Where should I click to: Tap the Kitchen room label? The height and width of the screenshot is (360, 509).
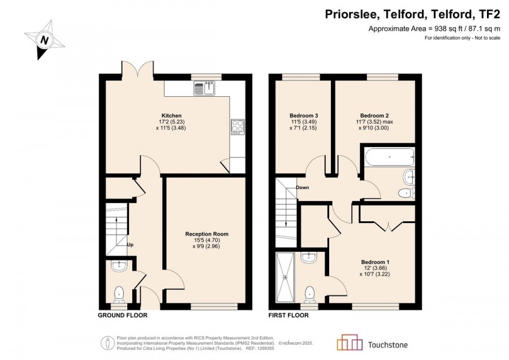click(x=171, y=115)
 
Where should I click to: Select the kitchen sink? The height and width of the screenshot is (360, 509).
click(x=204, y=88)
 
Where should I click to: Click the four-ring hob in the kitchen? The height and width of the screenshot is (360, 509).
click(x=238, y=127)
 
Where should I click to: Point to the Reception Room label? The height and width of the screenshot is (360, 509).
click(x=207, y=234)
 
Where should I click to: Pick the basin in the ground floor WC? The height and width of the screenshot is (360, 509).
click(x=119, y=265)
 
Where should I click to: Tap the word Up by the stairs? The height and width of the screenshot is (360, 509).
click(x=130, y=245)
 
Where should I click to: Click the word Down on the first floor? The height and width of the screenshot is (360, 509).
click(x=302, y=187)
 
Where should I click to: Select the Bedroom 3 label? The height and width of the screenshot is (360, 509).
click(x=304, y=115)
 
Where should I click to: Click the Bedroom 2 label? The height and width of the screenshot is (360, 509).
click(x=374, y=115)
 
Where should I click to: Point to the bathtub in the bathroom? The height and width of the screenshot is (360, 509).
click(x=390, y=157)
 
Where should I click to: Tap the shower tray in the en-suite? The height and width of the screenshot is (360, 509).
click(x=286, y=277)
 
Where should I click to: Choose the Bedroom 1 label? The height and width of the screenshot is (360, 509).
click(x=376, y=262)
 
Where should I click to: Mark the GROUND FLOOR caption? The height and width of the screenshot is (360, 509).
click(x=123, y=315)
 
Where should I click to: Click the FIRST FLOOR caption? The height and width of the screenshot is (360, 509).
click(x=288, y=315)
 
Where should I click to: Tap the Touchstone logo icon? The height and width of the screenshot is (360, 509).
click(x=350, y=342)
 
